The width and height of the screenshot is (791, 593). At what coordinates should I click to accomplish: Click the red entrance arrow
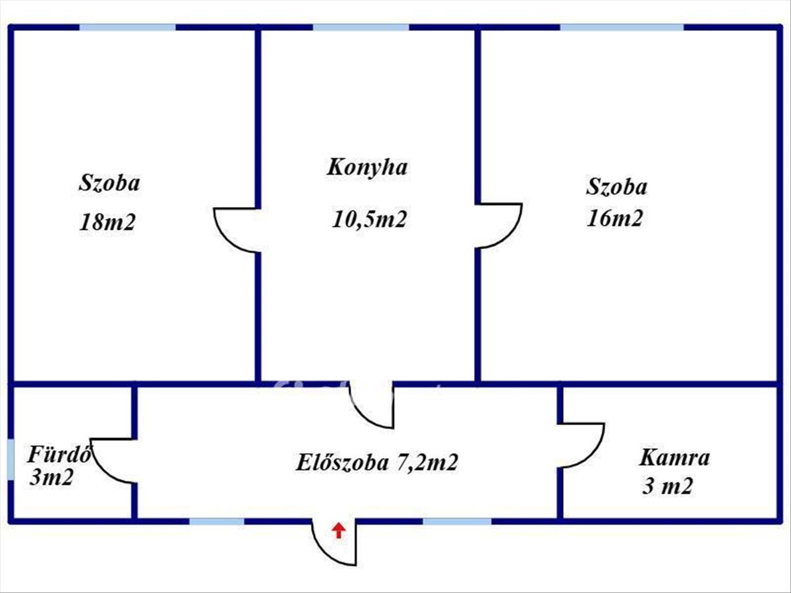338,530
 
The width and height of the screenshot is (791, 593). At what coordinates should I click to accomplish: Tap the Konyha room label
367,167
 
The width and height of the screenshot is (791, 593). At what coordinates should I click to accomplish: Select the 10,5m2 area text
368,219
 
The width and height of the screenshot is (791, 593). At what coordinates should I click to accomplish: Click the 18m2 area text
107,222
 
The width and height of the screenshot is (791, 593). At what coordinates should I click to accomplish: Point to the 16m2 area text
614,218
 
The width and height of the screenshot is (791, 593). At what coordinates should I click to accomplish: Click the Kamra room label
674,457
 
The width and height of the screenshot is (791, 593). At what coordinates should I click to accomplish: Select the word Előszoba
341,463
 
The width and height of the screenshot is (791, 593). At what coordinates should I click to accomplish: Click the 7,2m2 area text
427,463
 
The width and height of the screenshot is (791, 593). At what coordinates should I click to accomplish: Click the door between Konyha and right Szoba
498,226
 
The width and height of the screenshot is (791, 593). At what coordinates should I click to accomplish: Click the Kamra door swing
581,445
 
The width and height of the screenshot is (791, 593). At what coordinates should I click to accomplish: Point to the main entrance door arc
334,544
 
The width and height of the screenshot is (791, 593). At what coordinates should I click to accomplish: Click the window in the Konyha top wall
361,28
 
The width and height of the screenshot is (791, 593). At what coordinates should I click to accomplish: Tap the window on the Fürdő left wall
11,459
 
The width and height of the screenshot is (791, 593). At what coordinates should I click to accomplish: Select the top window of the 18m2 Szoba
128,28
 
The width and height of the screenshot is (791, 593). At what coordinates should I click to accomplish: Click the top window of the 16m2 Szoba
622,28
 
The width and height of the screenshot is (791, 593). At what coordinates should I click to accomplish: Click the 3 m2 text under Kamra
666,487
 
